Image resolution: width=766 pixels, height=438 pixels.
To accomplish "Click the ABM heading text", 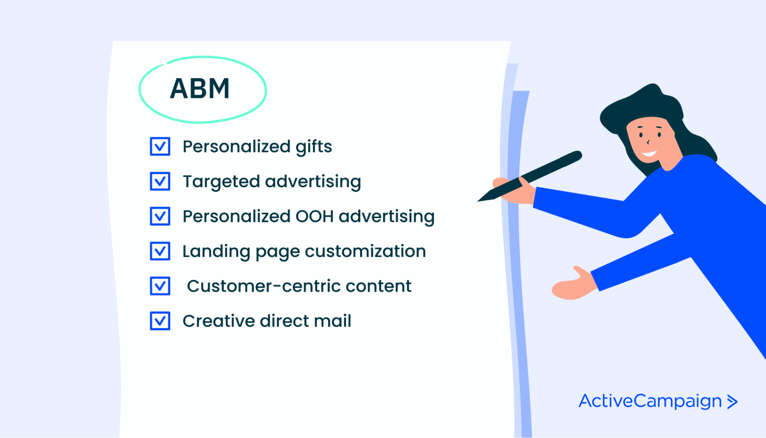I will tap(200, 89).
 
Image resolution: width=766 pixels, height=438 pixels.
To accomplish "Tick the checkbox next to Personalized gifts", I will tap(160, 146).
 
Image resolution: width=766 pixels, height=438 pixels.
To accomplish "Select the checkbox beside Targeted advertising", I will tap(160, 182).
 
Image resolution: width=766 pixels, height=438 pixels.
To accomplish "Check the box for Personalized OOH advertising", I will tap(160, 216).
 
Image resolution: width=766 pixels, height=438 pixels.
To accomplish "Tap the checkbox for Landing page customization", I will tap(160, 251).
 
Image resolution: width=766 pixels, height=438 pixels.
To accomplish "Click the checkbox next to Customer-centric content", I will tap(160, 286).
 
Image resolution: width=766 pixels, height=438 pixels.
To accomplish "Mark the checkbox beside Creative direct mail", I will tap(160, 321).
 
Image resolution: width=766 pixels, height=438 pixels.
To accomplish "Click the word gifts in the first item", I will tap(314, 147).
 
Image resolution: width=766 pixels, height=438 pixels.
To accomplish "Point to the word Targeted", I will tap(221, 182).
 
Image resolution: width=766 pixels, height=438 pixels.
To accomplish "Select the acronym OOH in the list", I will tap(314, 216).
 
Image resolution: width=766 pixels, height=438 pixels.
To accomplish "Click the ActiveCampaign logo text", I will tap(650, 401).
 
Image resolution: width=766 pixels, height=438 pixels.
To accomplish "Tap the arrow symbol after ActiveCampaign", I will tap(732, 402).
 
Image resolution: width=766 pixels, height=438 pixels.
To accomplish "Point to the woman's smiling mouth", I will tap(649, 154).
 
